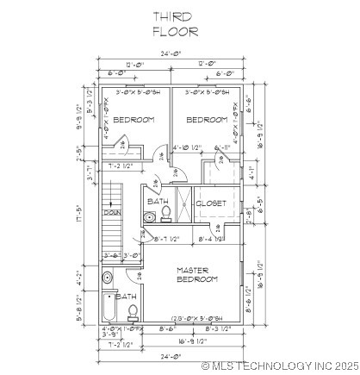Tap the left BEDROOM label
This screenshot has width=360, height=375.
[x=133, y=120]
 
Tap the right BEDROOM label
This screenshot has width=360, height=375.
[x=207, y=120]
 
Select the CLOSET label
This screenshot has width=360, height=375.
[x=211, y=203]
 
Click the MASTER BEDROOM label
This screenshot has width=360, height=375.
[x=197, y=274]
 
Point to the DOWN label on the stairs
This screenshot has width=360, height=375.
[x=112, y=212]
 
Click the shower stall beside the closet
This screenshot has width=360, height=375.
[x=183, y=205]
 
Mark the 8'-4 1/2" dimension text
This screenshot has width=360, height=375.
[x=212, y=239]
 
